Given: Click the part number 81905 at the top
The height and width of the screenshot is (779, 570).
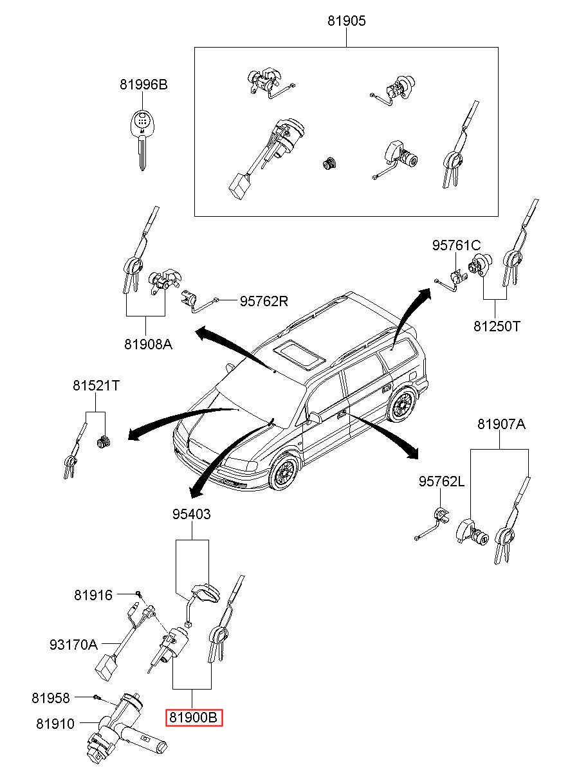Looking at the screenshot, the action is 346,21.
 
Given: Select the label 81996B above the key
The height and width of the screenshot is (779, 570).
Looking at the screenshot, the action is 143,84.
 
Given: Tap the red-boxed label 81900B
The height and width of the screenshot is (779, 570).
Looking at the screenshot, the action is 194,717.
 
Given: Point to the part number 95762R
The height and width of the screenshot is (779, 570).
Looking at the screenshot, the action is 264,301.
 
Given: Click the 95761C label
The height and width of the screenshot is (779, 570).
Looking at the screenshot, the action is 456,246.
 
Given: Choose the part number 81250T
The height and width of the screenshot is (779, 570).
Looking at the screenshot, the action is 497,326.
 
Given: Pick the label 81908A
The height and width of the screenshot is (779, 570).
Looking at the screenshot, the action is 149,344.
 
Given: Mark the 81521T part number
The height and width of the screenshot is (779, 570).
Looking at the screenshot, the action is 96,385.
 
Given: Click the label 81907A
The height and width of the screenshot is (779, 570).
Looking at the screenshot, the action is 501,424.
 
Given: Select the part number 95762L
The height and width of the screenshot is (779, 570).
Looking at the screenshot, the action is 441,481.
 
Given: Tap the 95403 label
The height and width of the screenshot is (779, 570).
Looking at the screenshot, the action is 192,514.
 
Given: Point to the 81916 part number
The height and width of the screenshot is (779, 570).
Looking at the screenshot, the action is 93,595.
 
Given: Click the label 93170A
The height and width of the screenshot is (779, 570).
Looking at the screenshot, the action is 74,645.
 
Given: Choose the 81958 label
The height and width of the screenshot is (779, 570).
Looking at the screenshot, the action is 51,698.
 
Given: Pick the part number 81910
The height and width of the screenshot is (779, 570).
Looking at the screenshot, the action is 55,724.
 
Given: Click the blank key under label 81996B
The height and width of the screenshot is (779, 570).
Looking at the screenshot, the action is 142,140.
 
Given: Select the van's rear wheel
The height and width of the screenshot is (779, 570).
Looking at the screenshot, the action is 402,405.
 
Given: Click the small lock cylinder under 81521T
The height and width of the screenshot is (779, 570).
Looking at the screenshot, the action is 102,443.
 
